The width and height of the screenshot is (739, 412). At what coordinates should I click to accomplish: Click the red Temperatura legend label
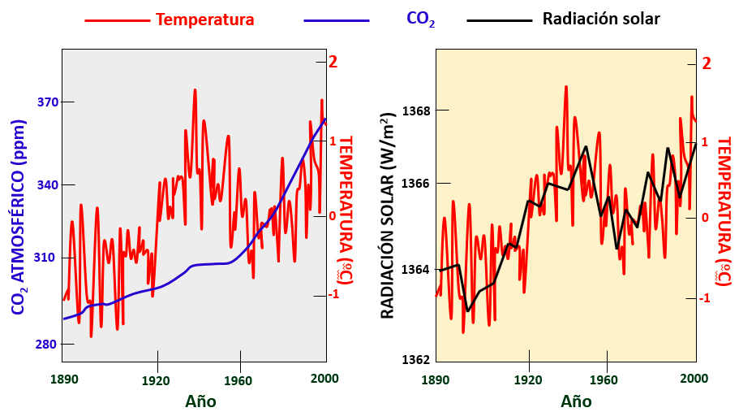(x=204, y=19)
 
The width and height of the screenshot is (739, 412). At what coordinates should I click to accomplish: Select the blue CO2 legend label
(x=420, y=20)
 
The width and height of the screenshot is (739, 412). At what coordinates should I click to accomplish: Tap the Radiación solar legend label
(x=601, y=19)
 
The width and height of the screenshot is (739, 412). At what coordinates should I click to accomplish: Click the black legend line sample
(x=499, y=20)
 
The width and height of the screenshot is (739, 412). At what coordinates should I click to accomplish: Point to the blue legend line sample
(x=336, y=20)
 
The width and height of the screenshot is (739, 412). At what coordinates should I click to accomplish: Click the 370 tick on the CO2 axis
(x=48, y=102)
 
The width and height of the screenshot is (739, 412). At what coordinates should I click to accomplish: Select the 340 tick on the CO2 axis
(x=48, y=185)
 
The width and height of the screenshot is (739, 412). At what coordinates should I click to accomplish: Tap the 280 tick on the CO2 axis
(x=48, y=345)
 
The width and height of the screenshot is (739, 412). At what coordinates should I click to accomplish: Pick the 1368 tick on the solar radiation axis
(x=418, y=110)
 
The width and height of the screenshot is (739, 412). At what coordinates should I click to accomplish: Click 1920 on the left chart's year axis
(x=156, y=379)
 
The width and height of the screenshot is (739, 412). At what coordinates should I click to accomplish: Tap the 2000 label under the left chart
(x=324, y=379)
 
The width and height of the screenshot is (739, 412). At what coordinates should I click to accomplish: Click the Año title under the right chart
(x=576, y=401)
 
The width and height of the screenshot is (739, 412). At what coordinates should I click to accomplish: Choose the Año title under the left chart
(x=200, y=401)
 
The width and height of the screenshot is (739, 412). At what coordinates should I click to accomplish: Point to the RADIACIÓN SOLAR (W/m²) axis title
(x=389, y=213)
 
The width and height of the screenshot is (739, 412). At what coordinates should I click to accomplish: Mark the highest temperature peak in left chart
(x=195, y=89)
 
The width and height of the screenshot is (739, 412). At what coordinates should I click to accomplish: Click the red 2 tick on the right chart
(x=706, y=63)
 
